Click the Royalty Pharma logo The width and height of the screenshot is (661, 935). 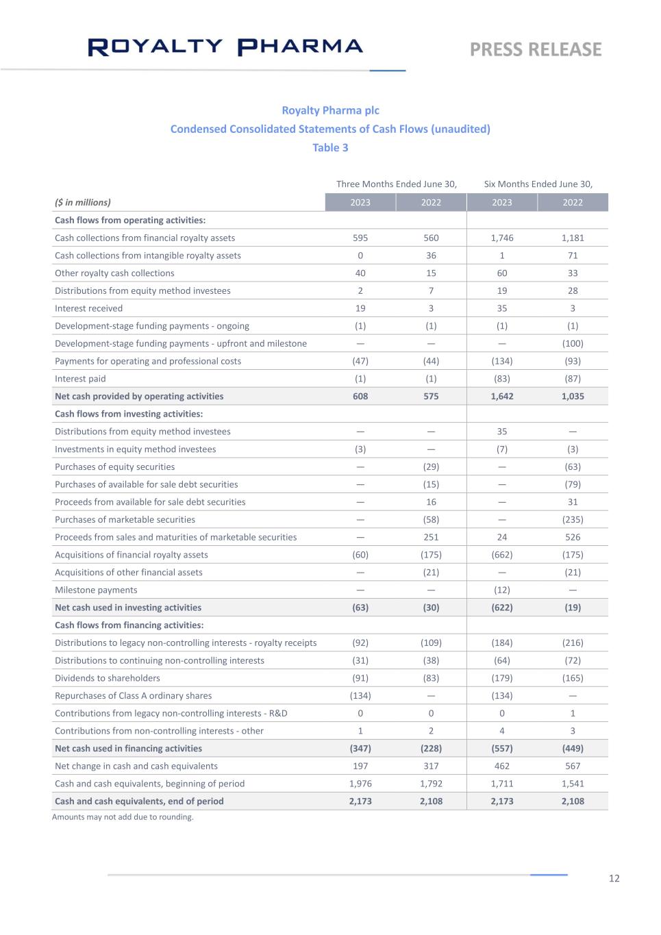(225, 47)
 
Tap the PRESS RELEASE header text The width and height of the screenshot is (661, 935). (536, 49)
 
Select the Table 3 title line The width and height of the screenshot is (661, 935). (330, 147)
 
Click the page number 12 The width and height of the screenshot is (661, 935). (614, 878)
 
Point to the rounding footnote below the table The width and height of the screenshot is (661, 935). (123, 816)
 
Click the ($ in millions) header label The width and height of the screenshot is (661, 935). (83, 202)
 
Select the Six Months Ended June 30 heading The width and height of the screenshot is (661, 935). (538, 184)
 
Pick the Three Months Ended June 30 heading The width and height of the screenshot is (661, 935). (396, 184)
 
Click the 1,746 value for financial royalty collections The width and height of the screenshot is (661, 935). (502, 238)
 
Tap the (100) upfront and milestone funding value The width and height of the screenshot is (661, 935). (573, 343)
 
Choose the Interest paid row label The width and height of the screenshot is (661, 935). (80, 379)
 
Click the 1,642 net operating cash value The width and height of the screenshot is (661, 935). (502, 396)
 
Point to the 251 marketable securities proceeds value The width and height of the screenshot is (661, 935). (431, 537)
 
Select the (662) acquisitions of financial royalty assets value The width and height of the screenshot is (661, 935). (502, 555)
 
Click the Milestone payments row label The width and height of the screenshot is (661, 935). (96, 590)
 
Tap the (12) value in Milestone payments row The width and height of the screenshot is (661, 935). (502, 590)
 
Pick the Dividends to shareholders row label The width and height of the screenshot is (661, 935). (108, 678)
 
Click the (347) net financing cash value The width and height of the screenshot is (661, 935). (360, 749)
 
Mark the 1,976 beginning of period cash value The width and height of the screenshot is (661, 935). (360, 784)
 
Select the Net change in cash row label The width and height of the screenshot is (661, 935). (136, 766)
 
